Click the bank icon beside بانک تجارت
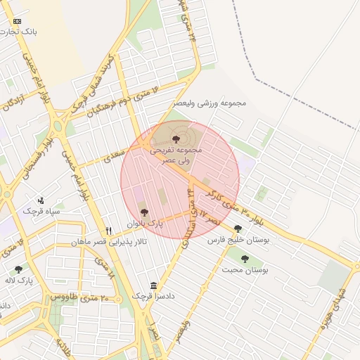(18, 22)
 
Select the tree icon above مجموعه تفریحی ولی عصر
(175, 139)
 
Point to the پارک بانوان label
(144, 224)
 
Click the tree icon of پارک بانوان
(144, 212)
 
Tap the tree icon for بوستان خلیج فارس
(238, 229)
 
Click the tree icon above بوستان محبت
(245, 259)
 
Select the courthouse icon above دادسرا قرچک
(154, 285)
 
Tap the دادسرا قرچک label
(154, 297)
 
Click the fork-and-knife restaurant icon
(108, 230)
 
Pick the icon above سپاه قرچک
(41, 200)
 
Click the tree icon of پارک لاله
(18, 269)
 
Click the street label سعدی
(117, 154)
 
